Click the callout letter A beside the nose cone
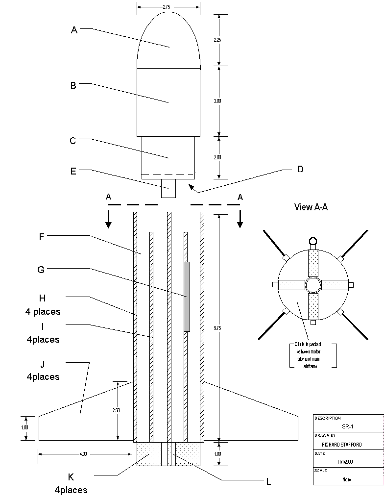(74, 30)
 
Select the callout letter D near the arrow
(300, 169)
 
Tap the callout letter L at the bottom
(268, 482)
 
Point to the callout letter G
(41, 269)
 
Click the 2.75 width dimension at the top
(168, 7)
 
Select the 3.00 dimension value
(218, 101)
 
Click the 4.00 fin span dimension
(83, 454)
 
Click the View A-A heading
(311, 207)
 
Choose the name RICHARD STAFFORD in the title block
(341, 445)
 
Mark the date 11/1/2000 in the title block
(345, 462)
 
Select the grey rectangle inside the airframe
(187, 297)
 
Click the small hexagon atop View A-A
(313, 241)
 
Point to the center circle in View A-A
(312, 285)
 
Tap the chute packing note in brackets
(312, 355)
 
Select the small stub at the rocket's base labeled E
(168, 189)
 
